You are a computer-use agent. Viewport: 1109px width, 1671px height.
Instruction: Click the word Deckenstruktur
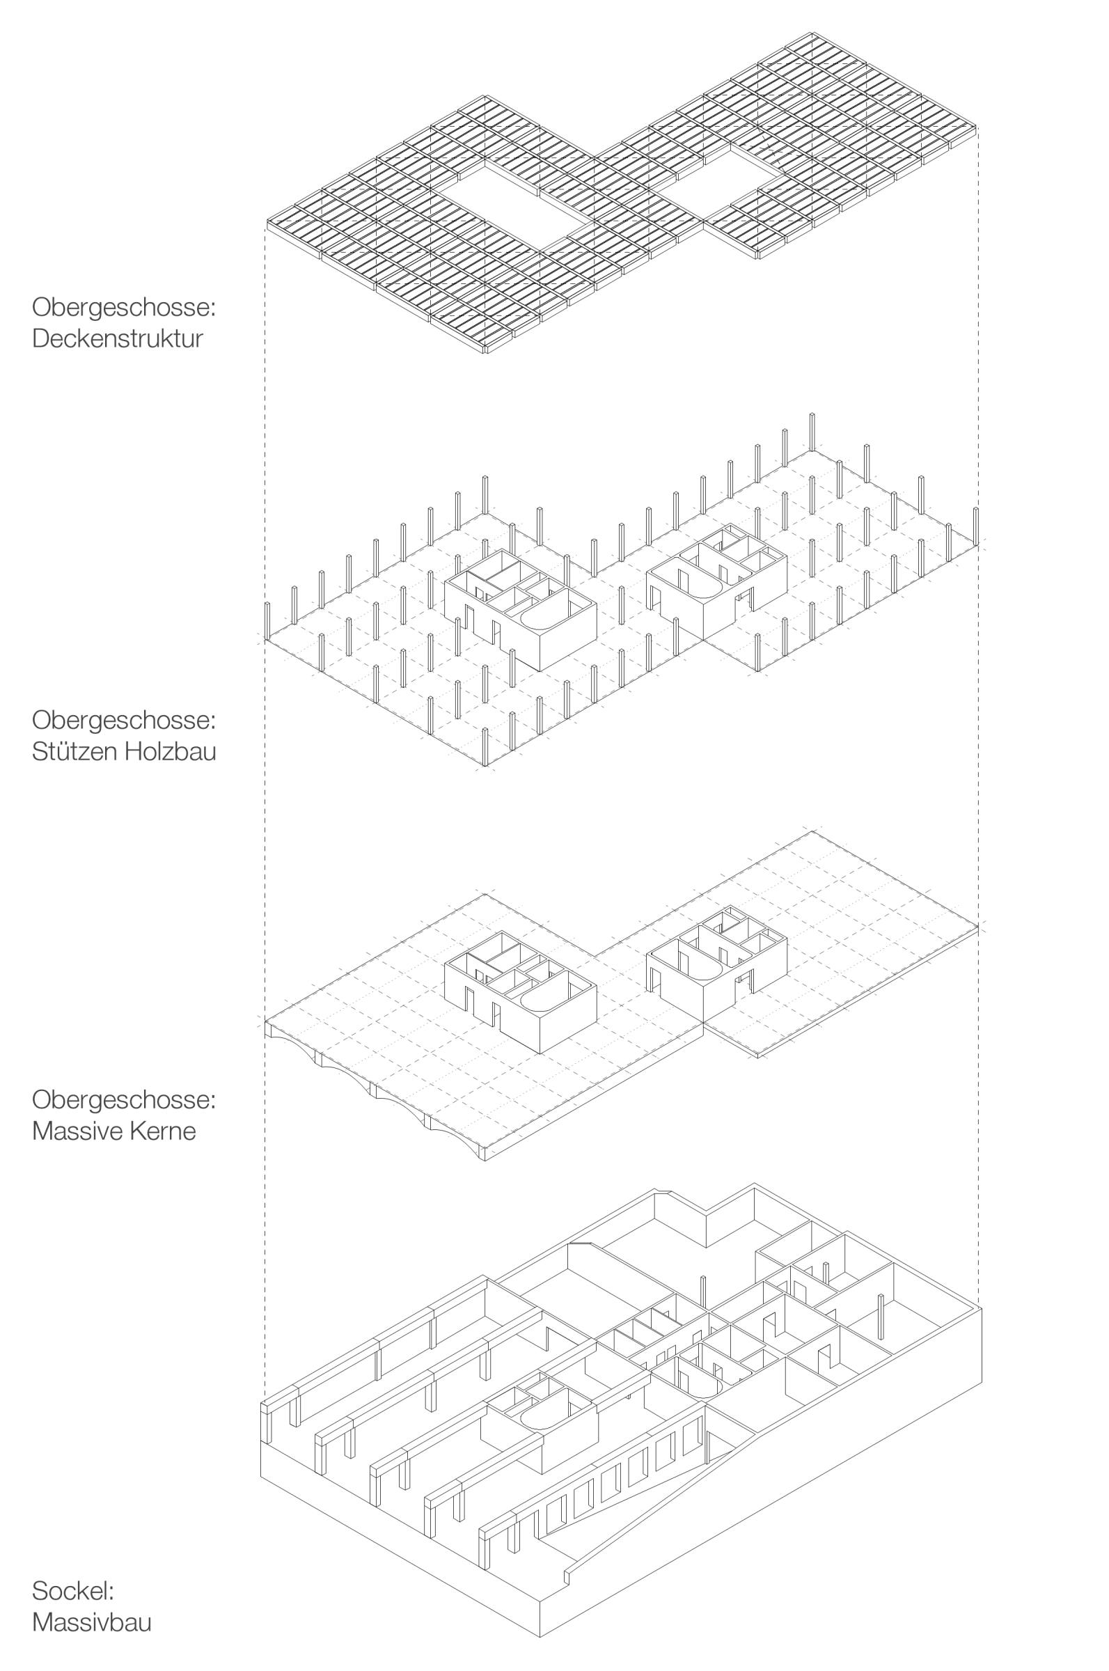[x=117, y=338]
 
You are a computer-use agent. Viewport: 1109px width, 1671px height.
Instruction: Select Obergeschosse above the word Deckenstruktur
[x=123, y=308]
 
